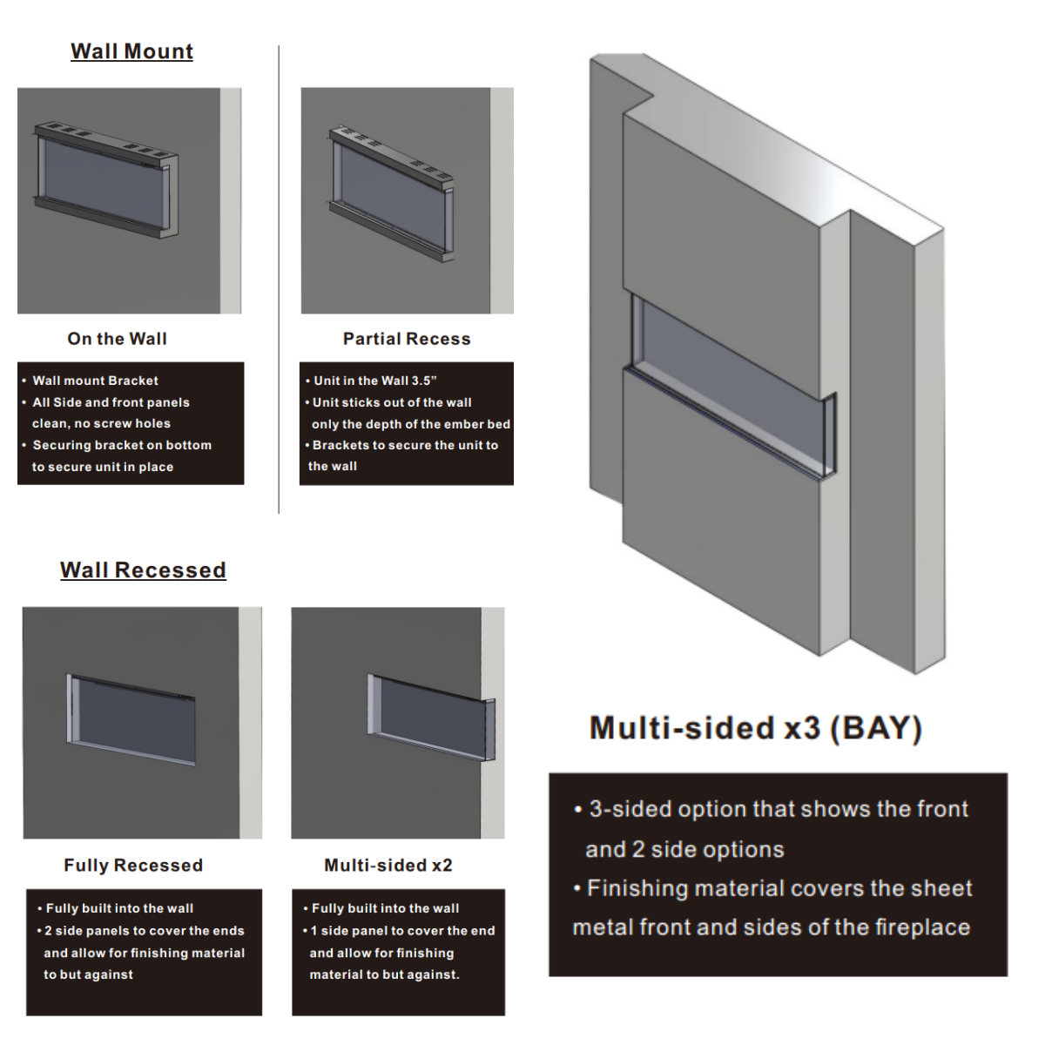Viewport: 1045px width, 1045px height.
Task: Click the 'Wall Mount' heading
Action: [131, 51]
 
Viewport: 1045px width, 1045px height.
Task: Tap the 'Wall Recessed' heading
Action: [143, 570]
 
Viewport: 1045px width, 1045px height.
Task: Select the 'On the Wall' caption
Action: [118, 339]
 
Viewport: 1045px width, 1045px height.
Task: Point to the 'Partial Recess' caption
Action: [407, 339]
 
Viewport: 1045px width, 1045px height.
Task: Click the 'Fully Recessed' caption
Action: [133, 865]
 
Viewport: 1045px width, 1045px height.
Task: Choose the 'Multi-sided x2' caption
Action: [388, 865]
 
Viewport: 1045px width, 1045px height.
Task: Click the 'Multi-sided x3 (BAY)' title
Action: [755, 728]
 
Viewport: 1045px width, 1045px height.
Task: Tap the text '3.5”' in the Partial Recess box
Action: [424, 381]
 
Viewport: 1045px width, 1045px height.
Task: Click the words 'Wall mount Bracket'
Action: [96, 381]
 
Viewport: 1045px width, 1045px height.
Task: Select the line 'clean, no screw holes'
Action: [101, 423]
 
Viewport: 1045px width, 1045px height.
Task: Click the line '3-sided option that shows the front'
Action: [779, 809]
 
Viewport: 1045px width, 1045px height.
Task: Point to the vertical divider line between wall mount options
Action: [279, 280]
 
